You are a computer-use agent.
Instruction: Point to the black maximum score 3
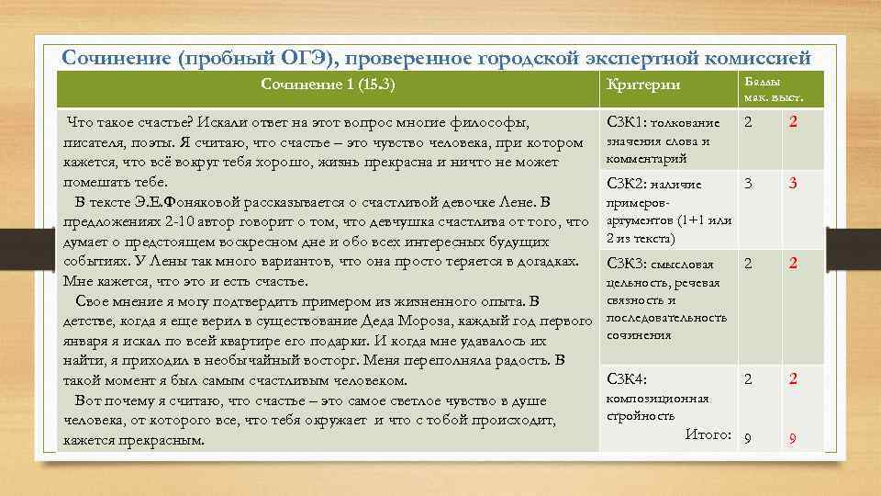[x=748, y=184]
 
